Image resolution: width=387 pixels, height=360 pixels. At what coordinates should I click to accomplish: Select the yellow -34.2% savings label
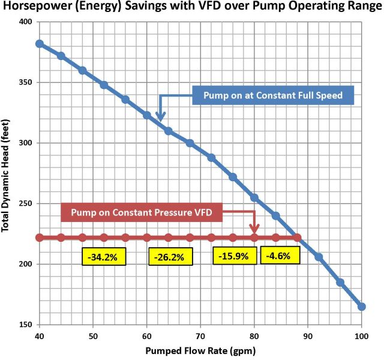click(x=104, y=257)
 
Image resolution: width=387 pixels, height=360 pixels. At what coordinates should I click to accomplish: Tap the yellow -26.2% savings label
click(x=170, y=257)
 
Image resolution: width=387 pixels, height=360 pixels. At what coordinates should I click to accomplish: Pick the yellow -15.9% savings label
click(x=235, y=256)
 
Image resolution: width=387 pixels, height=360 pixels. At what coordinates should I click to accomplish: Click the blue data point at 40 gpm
click(x=39, y=44)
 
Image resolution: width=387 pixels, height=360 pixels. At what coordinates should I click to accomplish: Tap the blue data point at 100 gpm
click(x=362, y=307)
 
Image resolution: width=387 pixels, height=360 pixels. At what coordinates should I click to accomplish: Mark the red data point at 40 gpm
click(x=39, y=238)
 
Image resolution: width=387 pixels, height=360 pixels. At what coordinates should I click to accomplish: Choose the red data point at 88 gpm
click(x=297, y=238)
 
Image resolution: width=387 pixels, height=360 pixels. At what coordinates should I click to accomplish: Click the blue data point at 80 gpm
click(x=254, y=197)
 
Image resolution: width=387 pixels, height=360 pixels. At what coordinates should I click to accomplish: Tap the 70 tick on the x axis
click(x=200, y=334)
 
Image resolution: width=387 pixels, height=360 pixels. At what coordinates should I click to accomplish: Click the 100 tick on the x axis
click(x=362, y=334)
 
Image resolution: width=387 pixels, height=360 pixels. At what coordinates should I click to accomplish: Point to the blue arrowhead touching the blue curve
click(x=160, y=118)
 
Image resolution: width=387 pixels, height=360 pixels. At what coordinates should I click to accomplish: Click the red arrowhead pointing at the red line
click(x=254, y=229)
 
